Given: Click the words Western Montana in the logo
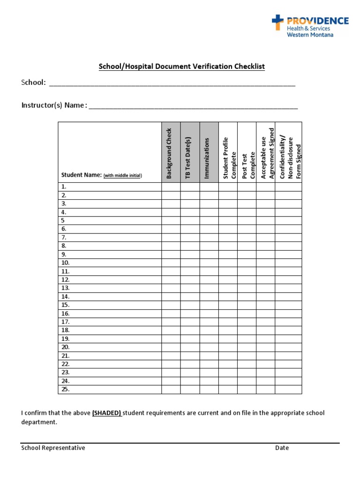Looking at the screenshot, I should (x=310, y=35).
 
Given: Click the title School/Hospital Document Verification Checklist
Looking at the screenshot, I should (x=181, y=67).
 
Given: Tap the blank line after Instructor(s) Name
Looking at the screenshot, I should (x=193, y=106).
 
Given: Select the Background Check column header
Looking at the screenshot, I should (x=171, y=153).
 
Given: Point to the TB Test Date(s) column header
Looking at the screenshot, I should (x=190, y=153).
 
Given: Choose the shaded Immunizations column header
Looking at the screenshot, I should (x=209, y=153).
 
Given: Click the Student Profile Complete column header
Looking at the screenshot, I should (x=228, y=153).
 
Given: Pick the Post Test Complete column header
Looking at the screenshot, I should (x=247, y=153).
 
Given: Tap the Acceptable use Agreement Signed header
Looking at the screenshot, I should (x=265, y=153).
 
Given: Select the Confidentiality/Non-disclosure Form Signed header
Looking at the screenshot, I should (x=288, y=153).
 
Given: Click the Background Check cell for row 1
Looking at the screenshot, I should (x=171, y=187).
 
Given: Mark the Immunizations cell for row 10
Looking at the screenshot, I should (x=209, y=262).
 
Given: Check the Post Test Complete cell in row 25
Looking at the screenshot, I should (x=247, y=389).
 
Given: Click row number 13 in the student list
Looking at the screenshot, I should (x=65, y=288).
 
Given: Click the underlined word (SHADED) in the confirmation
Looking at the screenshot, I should (x=107, y=413).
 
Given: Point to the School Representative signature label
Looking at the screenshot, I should (x=53, y=448).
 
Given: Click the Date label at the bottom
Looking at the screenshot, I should (x=282, y=448).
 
